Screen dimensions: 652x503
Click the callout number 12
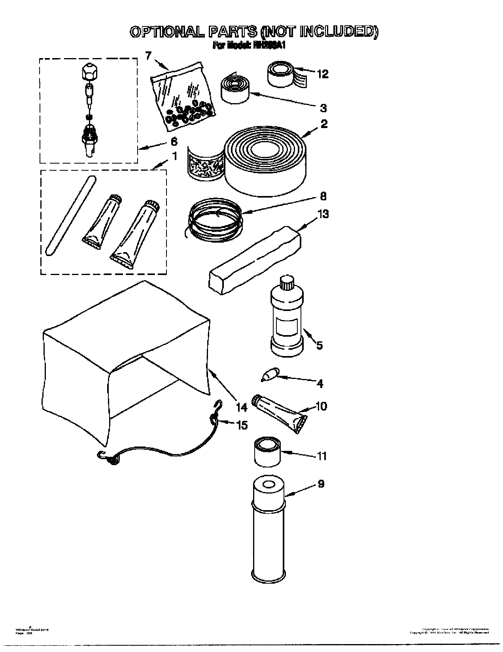pos(323,74)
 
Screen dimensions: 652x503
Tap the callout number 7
pos(148,56)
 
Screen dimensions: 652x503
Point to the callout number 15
pos(242,425)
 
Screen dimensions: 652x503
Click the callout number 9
pos(321,484)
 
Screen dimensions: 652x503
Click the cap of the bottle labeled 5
pos(287,283)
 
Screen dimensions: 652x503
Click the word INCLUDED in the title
pos(338,32)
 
